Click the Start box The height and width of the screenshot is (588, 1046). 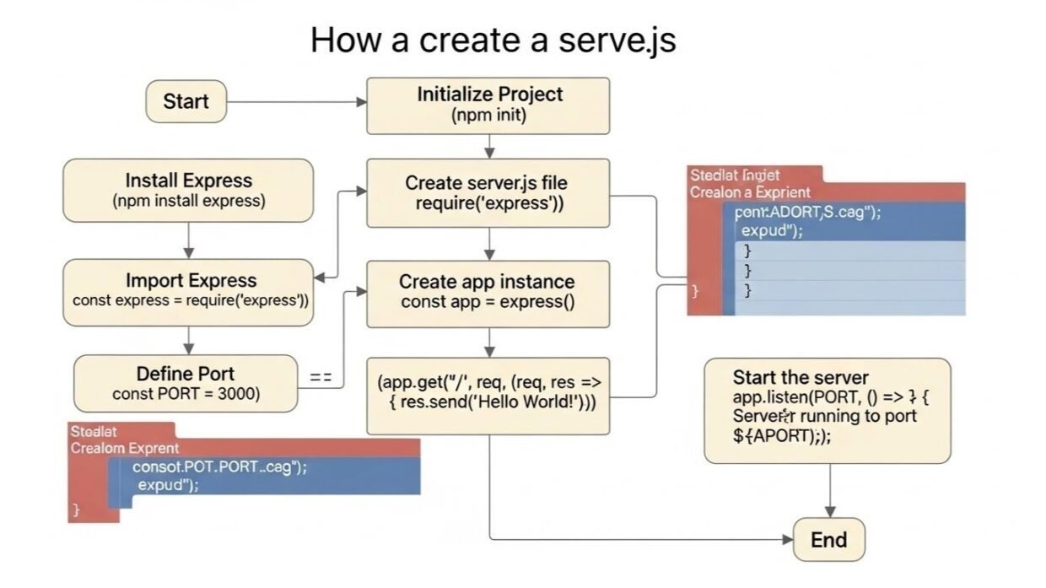(186, 101)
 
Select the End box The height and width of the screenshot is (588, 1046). (828, 540)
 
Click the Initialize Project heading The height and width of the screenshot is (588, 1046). (489, 94)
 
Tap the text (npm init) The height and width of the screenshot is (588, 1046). (489, 116)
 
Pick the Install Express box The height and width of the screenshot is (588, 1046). (188, 190)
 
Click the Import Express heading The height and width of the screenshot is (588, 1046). (191, 280)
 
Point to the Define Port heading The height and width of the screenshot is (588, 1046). (186, 373)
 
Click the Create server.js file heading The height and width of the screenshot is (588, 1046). (488, 182)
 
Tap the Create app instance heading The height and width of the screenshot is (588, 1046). (487, 281)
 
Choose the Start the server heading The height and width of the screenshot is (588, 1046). (800, 377)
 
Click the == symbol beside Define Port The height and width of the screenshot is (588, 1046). (321, 379)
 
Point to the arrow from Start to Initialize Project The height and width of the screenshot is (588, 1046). (295, 101)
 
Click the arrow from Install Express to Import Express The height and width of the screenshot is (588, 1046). (189, 240)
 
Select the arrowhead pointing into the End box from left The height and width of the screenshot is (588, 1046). (787, 540)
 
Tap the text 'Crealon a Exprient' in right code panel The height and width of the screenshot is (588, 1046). (749, 192)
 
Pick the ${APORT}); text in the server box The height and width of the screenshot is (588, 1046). (775, 436)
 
